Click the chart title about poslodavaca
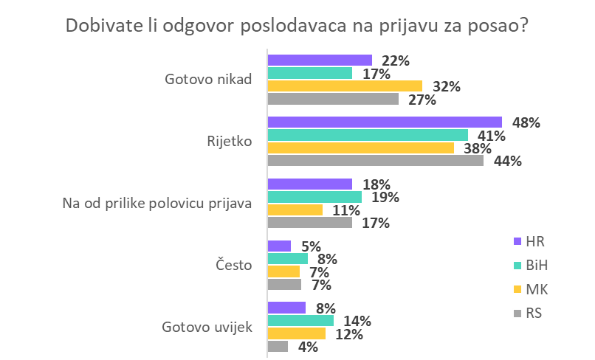click(297, 24)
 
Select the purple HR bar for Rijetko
click(385, 122)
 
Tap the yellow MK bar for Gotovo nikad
click(345, 86)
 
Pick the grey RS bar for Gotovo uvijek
click(278, 346)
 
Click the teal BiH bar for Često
click(288, 259)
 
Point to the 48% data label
click(526, 123)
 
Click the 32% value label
click(447, 87)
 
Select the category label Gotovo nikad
click(208, 80)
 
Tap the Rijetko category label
click(231, 142)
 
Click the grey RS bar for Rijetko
click(376, 160)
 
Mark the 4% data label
click(307, 347)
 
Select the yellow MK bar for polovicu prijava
click(295, 210)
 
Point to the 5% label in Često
click(311, 246)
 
